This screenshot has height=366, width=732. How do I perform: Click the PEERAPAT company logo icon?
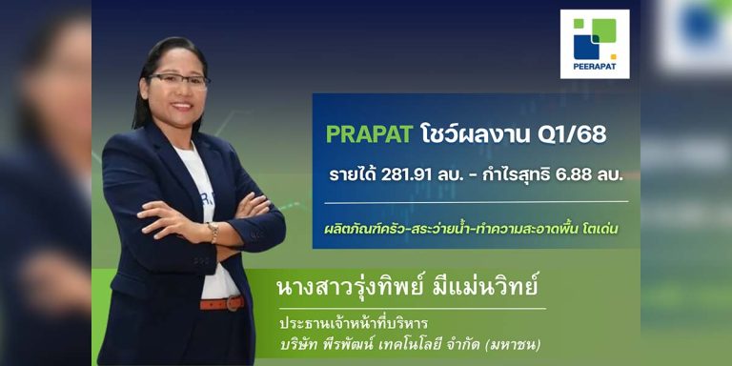pyautogui.click(x=594, y=39)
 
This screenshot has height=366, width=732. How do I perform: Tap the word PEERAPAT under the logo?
pyautogui.click(x=595, y=69)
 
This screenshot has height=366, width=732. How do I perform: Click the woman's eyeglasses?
pyautogui.click(x=177, y=81)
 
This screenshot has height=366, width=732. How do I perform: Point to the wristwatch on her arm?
pyautogui.click(x=213, y=232)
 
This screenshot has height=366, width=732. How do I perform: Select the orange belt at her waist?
pyautogui.click(x=221, y=304)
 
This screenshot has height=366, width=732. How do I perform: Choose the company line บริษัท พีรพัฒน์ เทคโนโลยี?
pyautogui.click(x=376, y=344)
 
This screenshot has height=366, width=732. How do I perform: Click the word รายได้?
pyautogui.click(x=351, y=175)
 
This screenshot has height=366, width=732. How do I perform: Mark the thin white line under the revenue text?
pyautogui.click(x=476, y=202)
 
